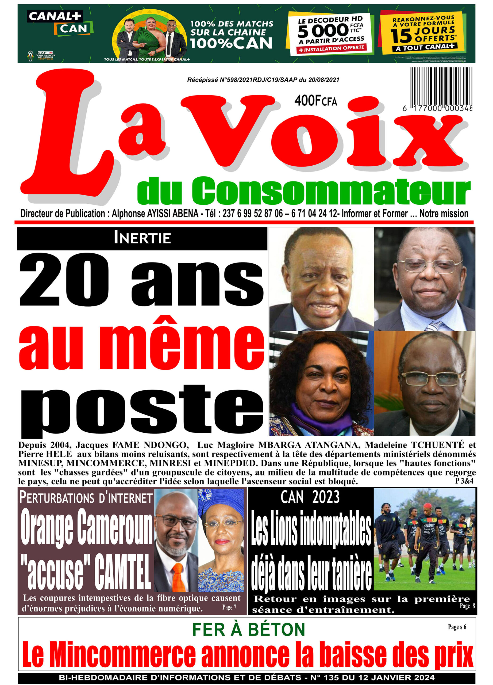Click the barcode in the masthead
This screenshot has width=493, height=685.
(x=441, y=86)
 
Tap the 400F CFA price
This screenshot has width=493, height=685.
(x=315, y=101)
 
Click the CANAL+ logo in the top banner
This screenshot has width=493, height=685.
(x=55, y=17)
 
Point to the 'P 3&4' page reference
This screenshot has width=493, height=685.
(x=464, y=481)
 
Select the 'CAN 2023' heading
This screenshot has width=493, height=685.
(x=310, y=497)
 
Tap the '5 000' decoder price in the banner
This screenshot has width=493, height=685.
(x=323, y=31)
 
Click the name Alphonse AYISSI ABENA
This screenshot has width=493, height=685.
(x=155, y=214)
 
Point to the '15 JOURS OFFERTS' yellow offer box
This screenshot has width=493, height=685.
(x=422, y=33)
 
